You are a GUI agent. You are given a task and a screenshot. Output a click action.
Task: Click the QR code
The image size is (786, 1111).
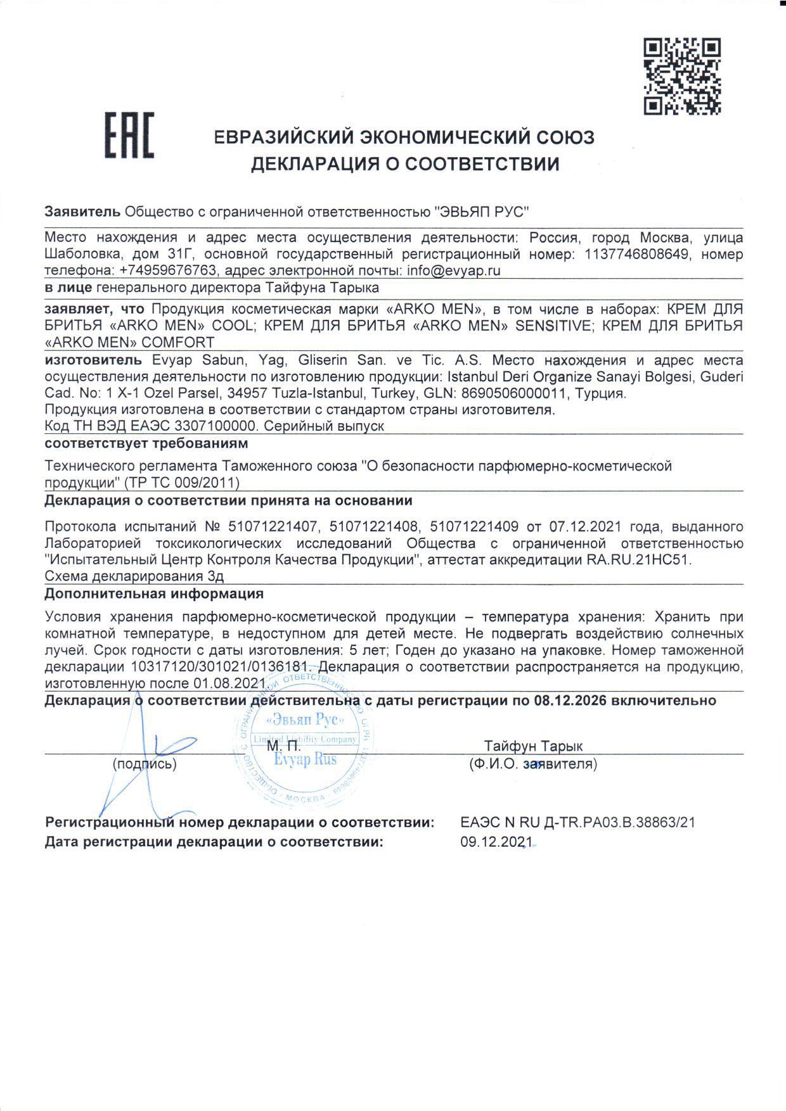(x=682, y=77)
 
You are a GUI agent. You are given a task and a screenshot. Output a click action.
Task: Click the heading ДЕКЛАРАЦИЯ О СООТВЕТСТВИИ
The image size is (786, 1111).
(x=405, y=165)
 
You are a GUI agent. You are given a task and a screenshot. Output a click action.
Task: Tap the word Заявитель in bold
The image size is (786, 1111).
(x=82, y=212)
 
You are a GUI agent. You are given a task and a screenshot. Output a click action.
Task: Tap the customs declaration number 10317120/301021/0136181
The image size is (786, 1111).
(x=222, y=667)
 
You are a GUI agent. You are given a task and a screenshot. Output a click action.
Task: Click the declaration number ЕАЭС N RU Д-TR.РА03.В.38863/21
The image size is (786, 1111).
(x=578, y=823)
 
